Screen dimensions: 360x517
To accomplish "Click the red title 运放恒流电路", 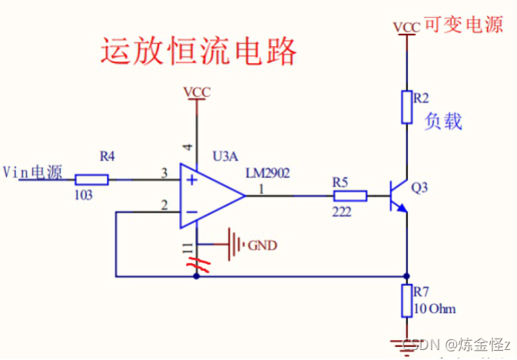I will pos(198,51).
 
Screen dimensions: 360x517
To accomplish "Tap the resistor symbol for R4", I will pos(91,180).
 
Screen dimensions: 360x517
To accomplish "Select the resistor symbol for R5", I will pos(350,196).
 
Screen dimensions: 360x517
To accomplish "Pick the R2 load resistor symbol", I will pos(406,107).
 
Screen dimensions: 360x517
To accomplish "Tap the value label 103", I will pos(84,196).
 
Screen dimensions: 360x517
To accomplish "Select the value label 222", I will pos(343,210).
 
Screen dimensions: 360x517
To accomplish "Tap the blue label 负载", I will pos(444,121).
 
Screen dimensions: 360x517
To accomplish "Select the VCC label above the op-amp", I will pos(197,93).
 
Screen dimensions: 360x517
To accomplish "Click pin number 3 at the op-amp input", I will pos(164,173).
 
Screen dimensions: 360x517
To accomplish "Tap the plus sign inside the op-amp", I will pos(189,180).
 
